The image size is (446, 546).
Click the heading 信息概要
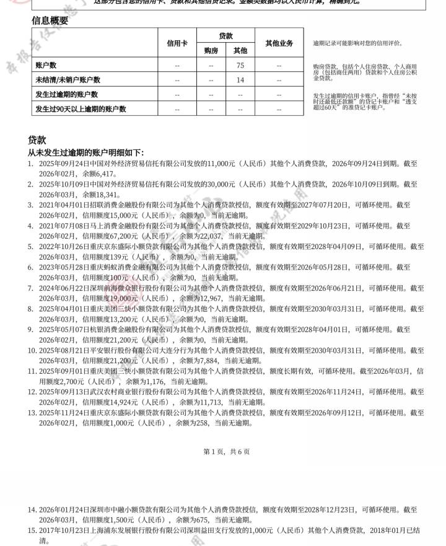click(x=50, y=20)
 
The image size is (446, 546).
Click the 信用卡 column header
click(x=177, y=43)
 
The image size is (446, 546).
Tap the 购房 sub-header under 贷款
click(x=211, y=51)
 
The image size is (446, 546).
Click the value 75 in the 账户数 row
click(x=241, y=65)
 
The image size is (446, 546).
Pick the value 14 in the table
click(x=241, y=80)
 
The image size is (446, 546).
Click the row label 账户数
click(x=46, y=65)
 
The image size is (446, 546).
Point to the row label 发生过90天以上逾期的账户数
click(x=81, y=108)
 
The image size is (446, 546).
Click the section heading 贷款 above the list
click(x=37, y=140)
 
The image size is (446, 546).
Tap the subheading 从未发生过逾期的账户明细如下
click(x=85, y=152)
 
